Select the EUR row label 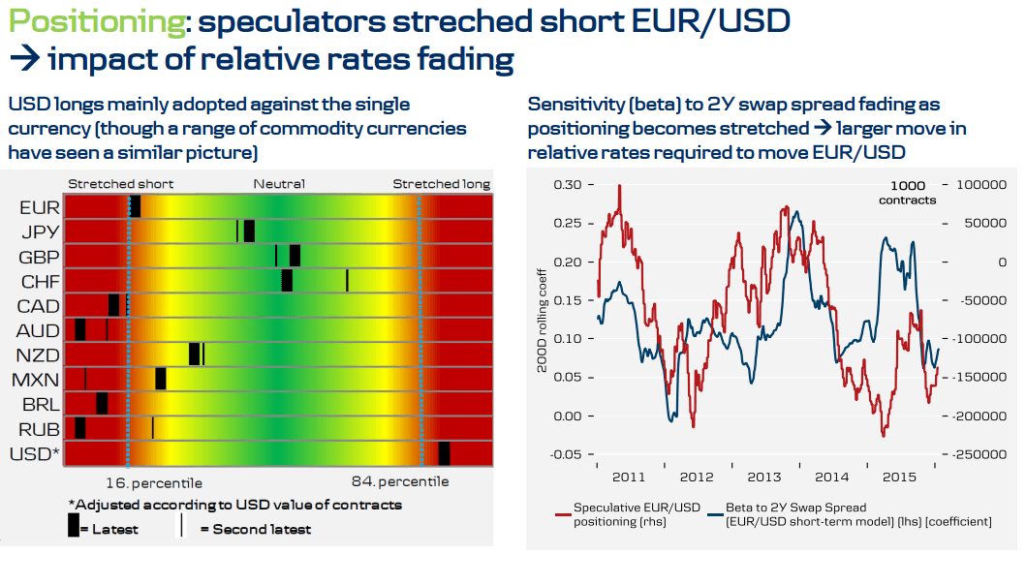click(x=39, y=207)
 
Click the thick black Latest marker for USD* click(x=444, y=453)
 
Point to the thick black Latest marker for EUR click(x=135, y=206)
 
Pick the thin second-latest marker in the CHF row click(x=347, y=280)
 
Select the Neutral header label click(x=279, y=184)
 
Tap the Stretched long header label click(x=441, y=184)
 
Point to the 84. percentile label click(x=400, y=481)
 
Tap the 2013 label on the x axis click(x=763, y=478)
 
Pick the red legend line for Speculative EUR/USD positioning click(x=562, y=514)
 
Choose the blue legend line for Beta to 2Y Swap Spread click(x=716, y=514)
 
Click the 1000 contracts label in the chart click(x=908, y=193)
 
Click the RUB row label click(x=39, y=429)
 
